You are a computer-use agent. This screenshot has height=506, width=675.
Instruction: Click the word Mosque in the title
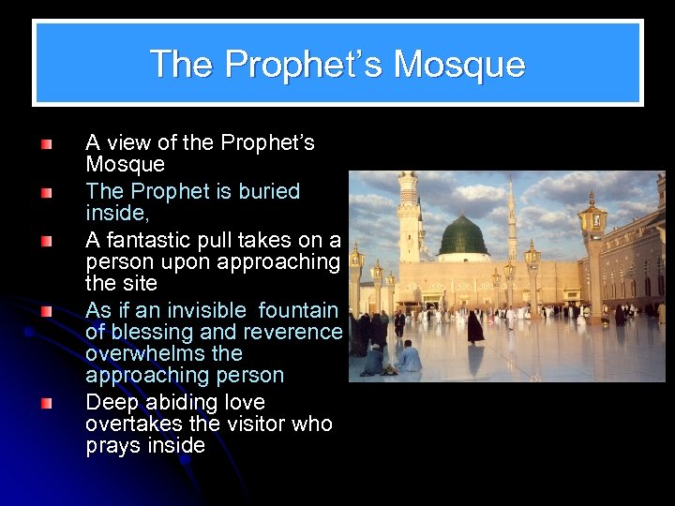click(459, 65)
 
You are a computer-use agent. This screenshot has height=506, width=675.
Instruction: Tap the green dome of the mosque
click(463, 235)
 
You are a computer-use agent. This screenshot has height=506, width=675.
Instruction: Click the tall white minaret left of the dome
click(408, 217)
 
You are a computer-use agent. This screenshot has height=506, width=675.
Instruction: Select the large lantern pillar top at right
click(592, 217)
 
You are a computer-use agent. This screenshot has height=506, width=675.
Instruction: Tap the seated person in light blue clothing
click(410, 356)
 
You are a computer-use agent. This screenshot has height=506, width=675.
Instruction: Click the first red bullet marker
click(47, 145)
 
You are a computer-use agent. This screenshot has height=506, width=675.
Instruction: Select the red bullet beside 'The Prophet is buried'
click(47, 194)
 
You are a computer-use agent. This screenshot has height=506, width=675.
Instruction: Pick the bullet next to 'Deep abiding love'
click(47, 405)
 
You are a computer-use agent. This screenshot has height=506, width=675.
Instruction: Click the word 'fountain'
click(298, 310)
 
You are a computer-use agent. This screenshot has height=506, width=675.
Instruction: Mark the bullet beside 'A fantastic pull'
click(47, 242)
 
